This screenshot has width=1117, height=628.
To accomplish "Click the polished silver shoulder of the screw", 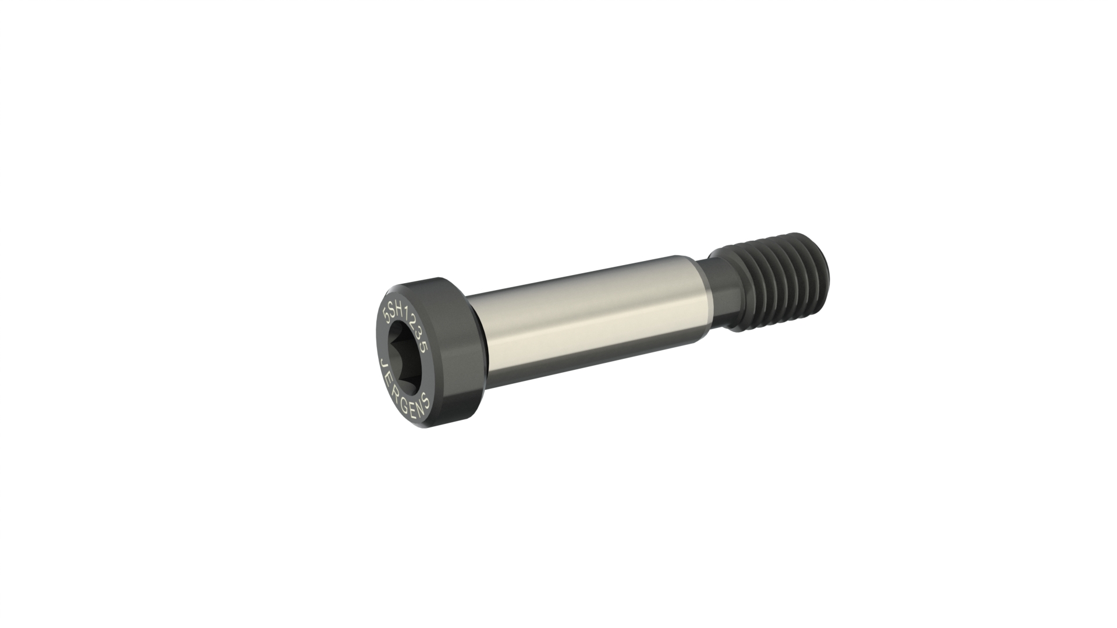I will (x=588, y=326).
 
